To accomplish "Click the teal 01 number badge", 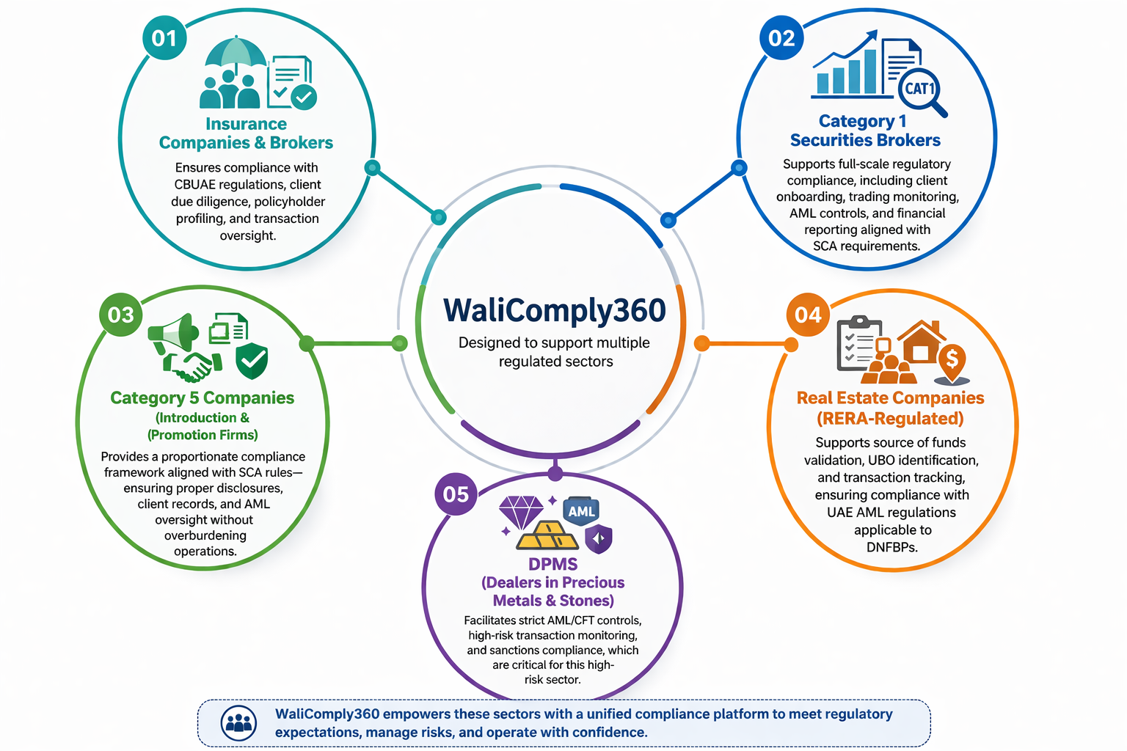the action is click(164, 38).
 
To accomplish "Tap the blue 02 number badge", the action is click(781, 38).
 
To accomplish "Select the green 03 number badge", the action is click(121, 315).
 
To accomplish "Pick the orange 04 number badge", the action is click(808, 315).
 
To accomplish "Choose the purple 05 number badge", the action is click(456, 494).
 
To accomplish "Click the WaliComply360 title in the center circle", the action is click(555, 309).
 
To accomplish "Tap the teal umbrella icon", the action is click(236, 54).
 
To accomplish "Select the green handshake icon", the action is click(193, 366).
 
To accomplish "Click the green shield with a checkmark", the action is click(252, 360).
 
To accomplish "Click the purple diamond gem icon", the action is click(521, 512).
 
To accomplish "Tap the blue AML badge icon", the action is click(581, 511).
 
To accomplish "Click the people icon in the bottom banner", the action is click(238, 723).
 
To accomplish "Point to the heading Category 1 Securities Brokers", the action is click(865, 131).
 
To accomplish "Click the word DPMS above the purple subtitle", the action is click(553, 564).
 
